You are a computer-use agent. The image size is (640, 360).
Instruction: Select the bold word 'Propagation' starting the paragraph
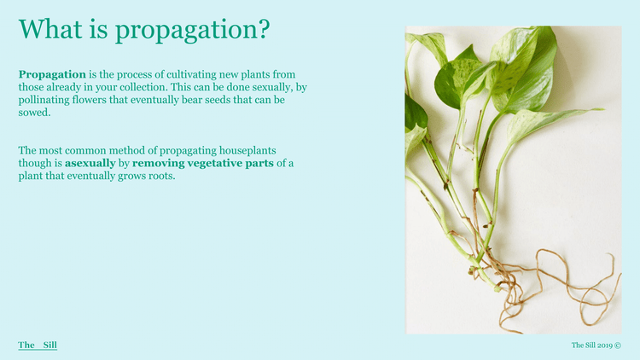tap(52, 74)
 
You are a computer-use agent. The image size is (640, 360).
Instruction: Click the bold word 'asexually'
tap(90, 163)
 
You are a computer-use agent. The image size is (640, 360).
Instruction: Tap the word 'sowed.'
tap(35, 113)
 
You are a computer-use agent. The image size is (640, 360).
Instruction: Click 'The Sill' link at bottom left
tap(38, 345)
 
